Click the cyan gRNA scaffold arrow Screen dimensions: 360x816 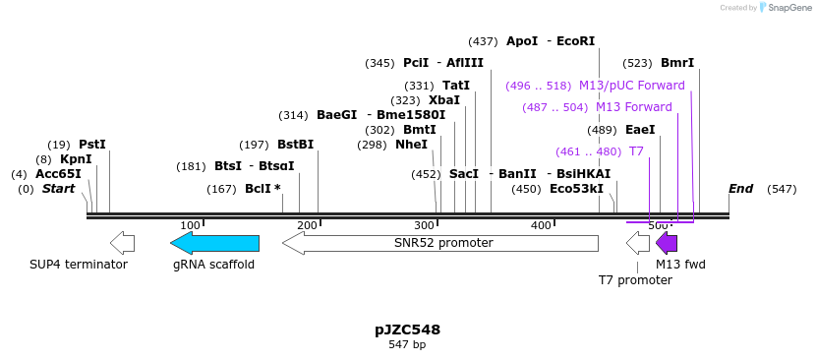214,243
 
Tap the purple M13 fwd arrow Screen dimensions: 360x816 667,243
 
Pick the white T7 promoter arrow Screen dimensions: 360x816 638,243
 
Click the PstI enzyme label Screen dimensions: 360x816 92,145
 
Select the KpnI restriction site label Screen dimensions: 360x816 76,159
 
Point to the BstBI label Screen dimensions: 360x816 295,145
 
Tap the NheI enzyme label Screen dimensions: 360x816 411,145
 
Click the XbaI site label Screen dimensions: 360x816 444,100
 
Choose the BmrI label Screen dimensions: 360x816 677,63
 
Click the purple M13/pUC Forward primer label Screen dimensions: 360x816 632,86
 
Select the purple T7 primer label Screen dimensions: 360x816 636,151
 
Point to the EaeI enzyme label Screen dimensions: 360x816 640,130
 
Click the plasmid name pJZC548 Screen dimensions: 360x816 407,330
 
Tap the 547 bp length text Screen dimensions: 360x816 407,345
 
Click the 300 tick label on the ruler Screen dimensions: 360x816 425,226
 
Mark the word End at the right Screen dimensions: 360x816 740,189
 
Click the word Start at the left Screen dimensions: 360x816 58,189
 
